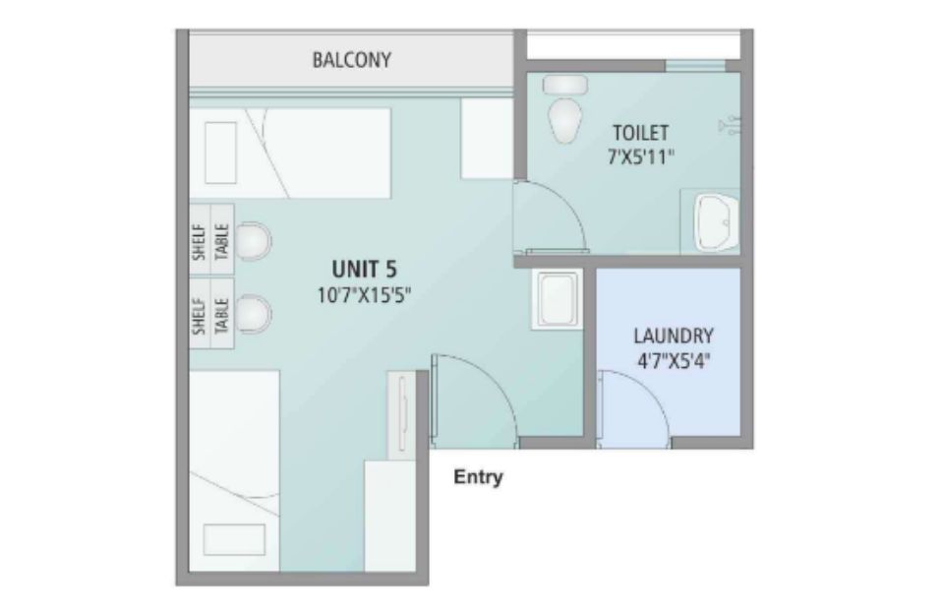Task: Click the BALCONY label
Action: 352,60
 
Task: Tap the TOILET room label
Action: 640,132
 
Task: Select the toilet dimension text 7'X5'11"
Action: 641,157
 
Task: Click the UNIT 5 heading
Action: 364,269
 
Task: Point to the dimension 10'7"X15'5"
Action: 364,295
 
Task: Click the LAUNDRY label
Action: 674,336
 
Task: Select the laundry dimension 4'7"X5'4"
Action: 674,361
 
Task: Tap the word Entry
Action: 478,477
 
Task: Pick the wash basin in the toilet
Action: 716,221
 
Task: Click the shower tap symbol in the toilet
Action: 730,125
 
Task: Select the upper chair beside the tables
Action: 253,241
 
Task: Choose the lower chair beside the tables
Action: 253,314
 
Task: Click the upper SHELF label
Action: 200,242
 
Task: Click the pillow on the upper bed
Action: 220,153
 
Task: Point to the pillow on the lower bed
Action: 234,539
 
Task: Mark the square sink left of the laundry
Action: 558,299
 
